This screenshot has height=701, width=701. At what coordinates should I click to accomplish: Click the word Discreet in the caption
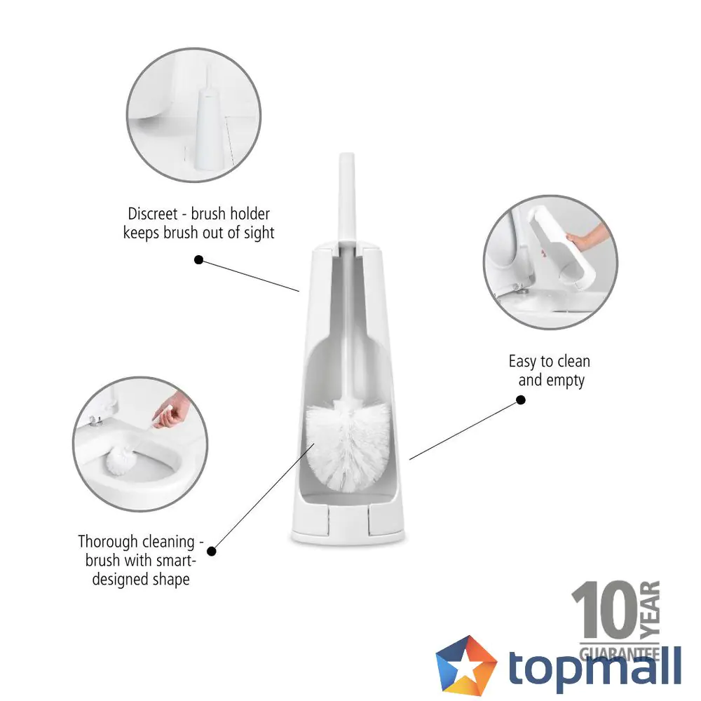click(x=153, y=213)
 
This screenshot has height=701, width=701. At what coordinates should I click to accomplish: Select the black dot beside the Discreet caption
click(x=198, y=259)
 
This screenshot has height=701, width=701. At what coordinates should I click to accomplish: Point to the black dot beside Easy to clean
click(x=521, y=400)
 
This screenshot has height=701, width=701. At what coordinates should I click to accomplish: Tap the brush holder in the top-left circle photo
click(x=207, y=125)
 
